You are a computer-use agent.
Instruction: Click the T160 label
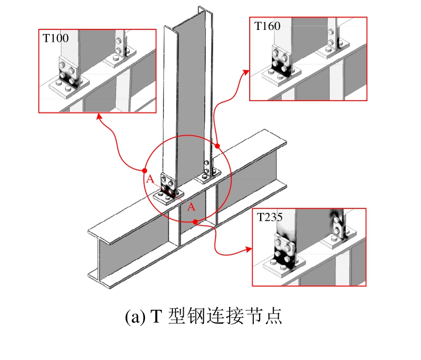(x=267, y=26)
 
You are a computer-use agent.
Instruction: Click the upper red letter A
(x=150, y=179)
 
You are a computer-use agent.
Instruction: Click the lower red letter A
(x=190, y=207)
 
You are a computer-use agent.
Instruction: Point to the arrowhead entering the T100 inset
(x=98, y=116)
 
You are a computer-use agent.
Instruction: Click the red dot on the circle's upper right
(x=217, y=146)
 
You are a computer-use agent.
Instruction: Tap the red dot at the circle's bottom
(x=195, y=222)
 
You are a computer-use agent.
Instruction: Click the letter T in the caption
(x=156, y=316)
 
